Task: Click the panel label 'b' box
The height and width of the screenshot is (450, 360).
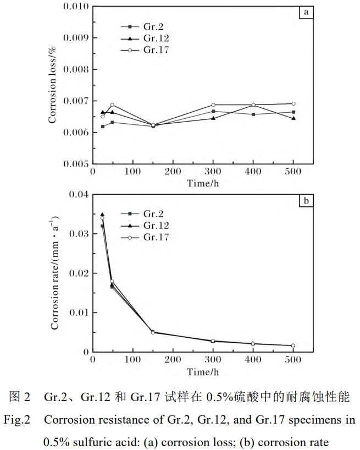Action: pos(306,201)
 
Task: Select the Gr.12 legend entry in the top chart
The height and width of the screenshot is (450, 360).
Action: pos(156,38)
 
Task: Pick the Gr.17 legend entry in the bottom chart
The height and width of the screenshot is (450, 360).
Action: pos(156,237)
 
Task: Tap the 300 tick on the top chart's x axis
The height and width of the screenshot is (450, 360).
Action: pos(213,172)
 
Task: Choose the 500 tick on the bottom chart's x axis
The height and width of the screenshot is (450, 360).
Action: pos(293,360)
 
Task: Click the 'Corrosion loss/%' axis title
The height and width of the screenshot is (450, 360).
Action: pos(53,85)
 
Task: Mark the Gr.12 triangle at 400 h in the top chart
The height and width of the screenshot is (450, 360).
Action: pos(253,105)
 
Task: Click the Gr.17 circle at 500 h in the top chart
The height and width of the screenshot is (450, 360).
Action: pos(293,103)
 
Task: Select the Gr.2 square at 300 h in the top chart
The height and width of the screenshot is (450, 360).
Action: pos(213,111)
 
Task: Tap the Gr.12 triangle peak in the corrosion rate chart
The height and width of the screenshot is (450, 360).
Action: pos(102,215)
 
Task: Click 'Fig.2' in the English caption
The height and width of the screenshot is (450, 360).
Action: pos(17,420)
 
